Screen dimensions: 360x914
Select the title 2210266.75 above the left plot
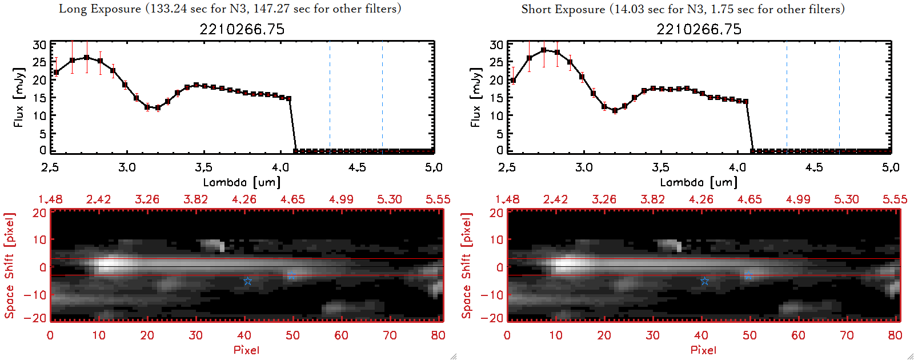[242, 29]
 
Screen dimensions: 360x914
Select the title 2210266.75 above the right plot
[699, 29]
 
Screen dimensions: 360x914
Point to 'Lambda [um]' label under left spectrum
[242, 182]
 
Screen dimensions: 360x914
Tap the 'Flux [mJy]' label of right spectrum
[475, 97]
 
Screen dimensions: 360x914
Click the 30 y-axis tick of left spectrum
[39, 45]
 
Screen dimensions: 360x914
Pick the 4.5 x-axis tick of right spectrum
[814, 167]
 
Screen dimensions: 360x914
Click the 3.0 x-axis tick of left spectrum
[127, 167]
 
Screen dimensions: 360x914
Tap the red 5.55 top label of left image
[438, 199]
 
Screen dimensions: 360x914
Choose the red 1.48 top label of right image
[507, 199]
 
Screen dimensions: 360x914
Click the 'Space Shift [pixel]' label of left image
[10, 266]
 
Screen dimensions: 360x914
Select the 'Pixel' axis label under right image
[703, 350]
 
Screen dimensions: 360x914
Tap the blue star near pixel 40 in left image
[247, 281]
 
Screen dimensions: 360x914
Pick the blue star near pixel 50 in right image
[748, 277]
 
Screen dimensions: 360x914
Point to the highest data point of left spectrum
[86, 58]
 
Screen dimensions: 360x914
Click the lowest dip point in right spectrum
[615, 111]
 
